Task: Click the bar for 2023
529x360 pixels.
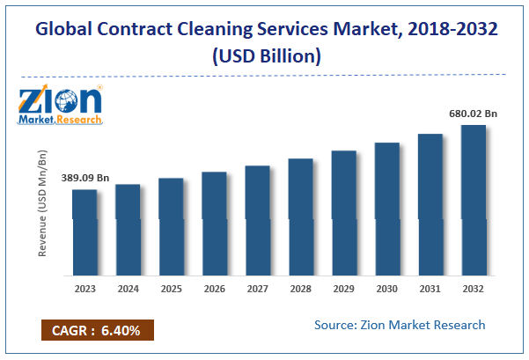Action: click(84, 231)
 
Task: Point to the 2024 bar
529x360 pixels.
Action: click(128, 229)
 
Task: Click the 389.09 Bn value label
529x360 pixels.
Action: click(85, 179)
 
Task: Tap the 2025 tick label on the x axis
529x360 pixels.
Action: click(171, 288)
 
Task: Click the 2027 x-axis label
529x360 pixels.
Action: click(257, 288)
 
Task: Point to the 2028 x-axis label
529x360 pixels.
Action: click(300, 288)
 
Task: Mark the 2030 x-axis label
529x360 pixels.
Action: click(386, 288)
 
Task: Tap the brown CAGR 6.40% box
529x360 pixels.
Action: click(97, 330)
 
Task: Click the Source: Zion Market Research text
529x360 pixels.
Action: click(400, 325)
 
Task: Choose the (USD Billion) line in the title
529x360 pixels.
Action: click(265, 55)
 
